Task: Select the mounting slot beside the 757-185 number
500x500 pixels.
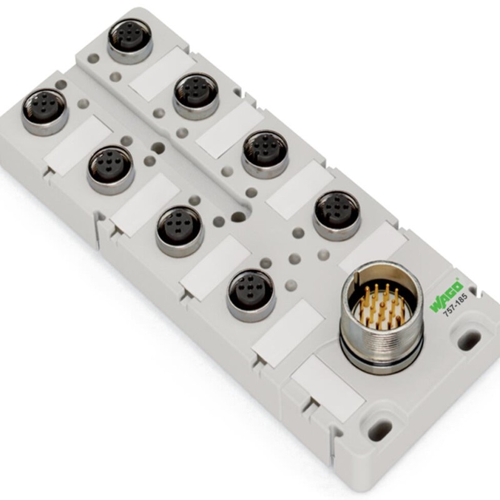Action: (469, 339)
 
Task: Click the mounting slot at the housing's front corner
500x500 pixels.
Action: (379, 429)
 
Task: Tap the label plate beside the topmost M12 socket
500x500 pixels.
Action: (159, 75)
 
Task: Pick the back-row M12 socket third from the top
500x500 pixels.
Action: (265, 152)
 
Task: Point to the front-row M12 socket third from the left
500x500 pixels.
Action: (179, 229)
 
